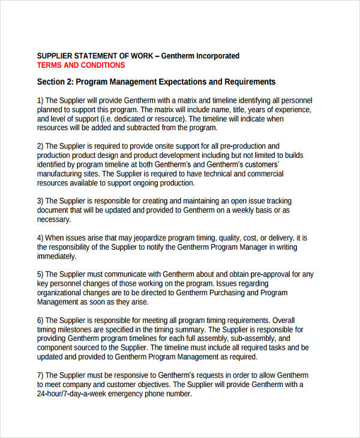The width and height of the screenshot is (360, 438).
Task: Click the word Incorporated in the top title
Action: click(x=212, y=56)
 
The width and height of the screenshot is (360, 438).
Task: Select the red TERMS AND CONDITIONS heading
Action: click(x=81, y=65)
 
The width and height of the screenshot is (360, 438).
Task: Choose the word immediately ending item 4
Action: click(x=56, y=256)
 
